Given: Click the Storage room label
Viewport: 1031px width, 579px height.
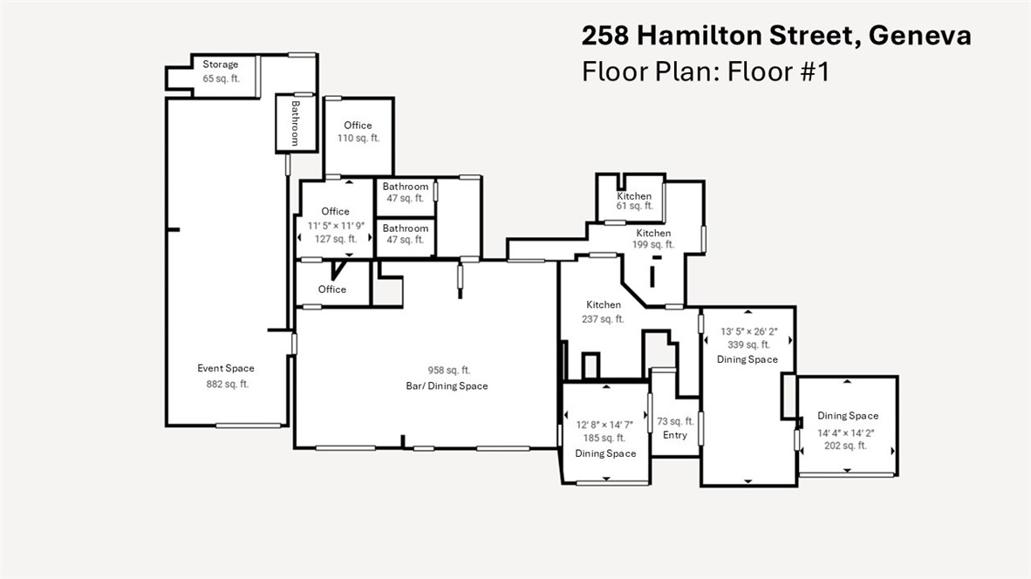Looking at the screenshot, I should pyautogui.click(x=220, y=65).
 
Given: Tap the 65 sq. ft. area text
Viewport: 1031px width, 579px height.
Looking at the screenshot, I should pyautogui.click(x=220, y=78).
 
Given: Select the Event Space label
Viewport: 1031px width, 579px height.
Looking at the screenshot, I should pyautogui.click(x=225, y=369).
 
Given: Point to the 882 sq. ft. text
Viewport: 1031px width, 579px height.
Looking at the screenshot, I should pyautogui.click(x=225, y=384).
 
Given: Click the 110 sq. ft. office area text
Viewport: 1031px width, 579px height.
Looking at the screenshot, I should pyautogui.click(x=358, y=139).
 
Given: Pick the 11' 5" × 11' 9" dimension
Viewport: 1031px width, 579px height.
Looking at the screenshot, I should pyautogui.click(x=335, y=225).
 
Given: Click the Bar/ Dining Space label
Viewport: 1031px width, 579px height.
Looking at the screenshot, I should pyautogui.click(x=447, y=386).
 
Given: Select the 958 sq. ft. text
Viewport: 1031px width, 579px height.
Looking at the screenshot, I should pyautogui.click(x=448, y=370).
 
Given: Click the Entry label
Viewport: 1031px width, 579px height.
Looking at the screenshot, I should pyautogui.click(x=674, y=435).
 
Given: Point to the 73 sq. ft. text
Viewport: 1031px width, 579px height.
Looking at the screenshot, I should pyautogui.click(x=674, y=421).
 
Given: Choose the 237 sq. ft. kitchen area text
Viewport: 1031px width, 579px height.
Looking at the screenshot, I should pyautogui.click(x=603, y=319).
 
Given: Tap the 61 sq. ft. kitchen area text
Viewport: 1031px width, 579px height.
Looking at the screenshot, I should pyautogui.click(x=634, y=207).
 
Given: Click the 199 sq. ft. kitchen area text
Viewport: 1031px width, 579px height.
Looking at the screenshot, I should pyautogui.click(x=652, y=245).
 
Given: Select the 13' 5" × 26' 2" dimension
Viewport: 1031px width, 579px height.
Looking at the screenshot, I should pyautogui.click(x=748, y=331).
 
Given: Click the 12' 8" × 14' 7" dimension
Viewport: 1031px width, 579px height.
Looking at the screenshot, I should pyautogui.click(x=604, y=425).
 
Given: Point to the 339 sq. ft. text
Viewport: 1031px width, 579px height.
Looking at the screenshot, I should pyautogui.click(x=748, y=345).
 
